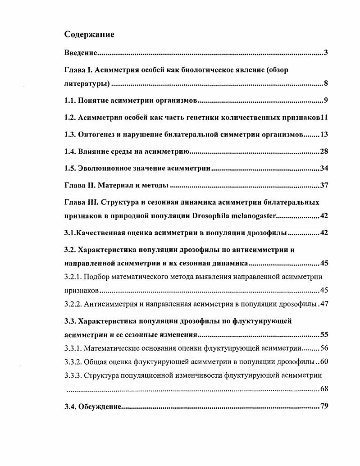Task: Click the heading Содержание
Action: pos(89,35)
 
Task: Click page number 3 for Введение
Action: pos(326,54)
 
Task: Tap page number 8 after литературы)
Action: pos(326,84)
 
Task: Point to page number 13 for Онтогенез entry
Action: pos(324,134)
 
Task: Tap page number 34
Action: pos(324,169)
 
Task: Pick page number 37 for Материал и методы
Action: pos(324,185)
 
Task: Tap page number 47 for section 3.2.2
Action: pos(324,304)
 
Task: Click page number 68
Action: pos(324,388)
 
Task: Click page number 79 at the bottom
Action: pos(324,407)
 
